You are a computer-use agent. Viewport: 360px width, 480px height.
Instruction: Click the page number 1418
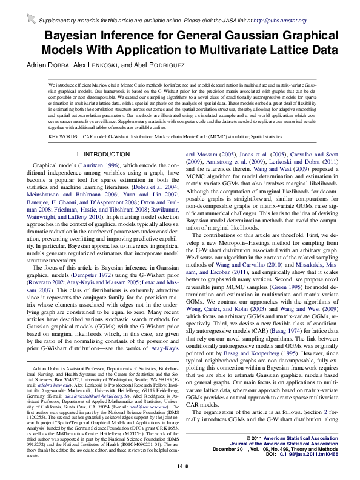pyautogui.click(x=180, y=465)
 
